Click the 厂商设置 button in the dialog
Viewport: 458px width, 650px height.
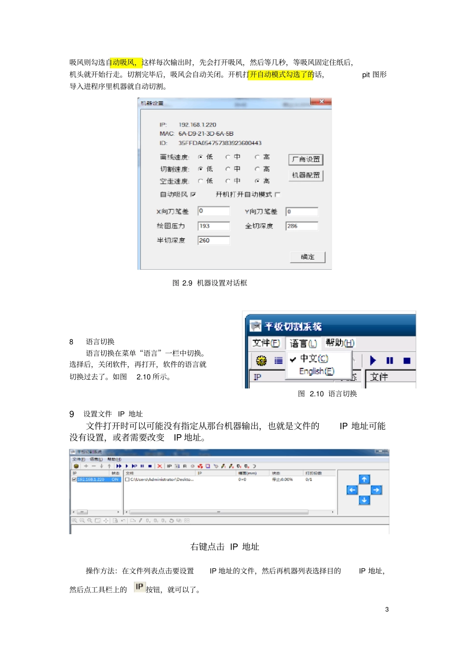coord(306,159)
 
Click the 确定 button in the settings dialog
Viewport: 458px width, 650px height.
coord(307,257)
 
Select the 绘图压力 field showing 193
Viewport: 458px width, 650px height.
coord(213,226)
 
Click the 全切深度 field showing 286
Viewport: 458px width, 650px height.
coord(301,226)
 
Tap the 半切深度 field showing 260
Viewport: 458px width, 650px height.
coord(213,240)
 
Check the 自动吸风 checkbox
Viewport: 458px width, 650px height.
coord(193,194)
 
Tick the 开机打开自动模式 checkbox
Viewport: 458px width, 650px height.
coord(277,194)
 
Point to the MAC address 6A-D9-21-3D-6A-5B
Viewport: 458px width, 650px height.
coord(206,134)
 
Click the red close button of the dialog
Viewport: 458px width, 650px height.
coord(321,102)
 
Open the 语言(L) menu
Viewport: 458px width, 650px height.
coord(303,343)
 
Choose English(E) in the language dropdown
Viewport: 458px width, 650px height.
coord(316,371)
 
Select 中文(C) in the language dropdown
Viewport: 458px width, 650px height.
coord(314,359)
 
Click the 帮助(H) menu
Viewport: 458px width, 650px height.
coord(340,343)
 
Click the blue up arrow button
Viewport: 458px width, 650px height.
coord(364,479)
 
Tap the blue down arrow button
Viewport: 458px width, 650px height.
coord(364,500)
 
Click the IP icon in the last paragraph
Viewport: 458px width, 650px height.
coord(139,587)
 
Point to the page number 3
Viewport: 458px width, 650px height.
coord(387,609)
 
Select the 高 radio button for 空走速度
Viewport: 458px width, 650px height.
coord(257,181)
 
